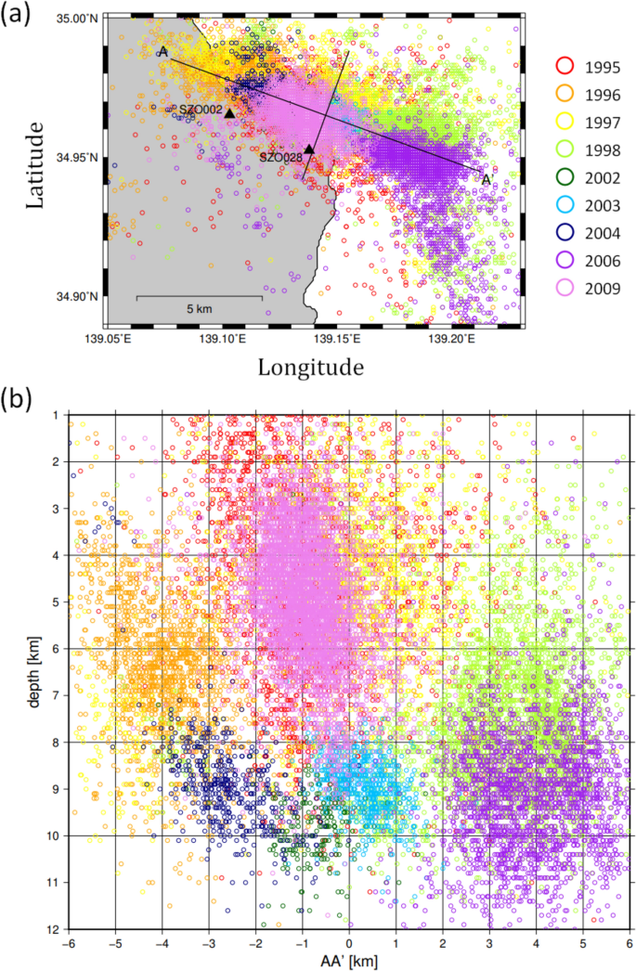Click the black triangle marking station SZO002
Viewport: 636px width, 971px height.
pos(229,113)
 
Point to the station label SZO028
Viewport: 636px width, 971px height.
pos(279,158)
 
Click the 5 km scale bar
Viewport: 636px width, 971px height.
pos(199,298)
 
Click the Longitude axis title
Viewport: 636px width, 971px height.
pos(310,368)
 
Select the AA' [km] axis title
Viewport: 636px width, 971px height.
pos(349,960)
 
